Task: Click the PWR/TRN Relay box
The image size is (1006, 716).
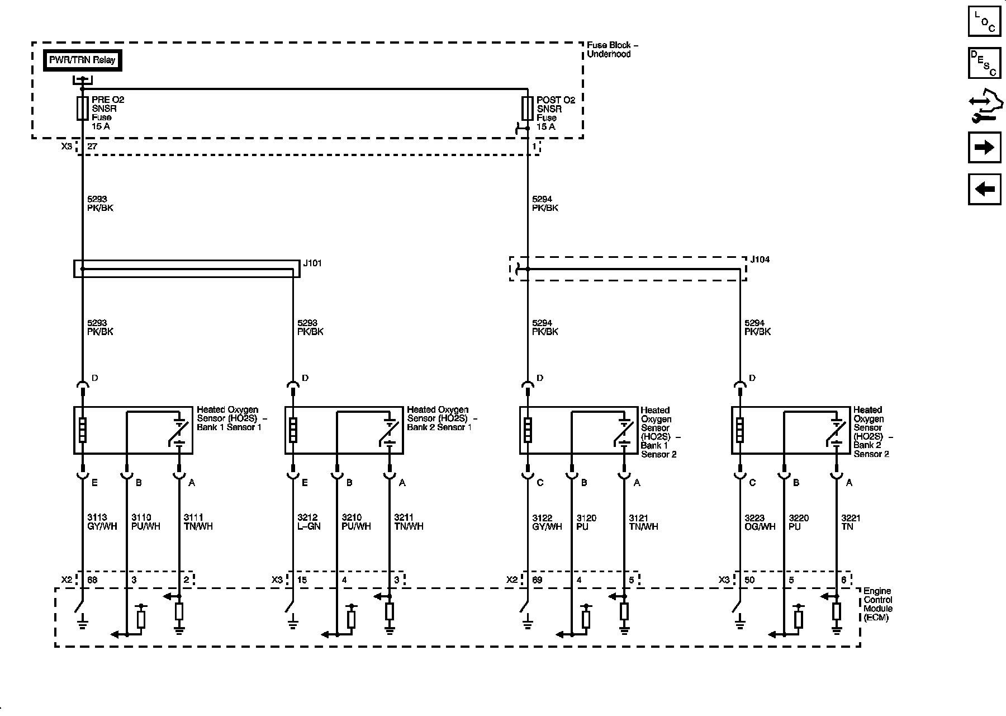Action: click(x=82, y=60)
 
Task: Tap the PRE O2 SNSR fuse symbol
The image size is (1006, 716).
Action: click(x=82, y=108)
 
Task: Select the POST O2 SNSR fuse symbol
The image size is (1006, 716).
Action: click(x=527, y=108)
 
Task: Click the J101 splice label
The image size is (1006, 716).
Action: click(x=312, y=263)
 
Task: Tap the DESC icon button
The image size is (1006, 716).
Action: click(x=984, y=63)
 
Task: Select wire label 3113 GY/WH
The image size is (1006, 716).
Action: click(x=101, y=522)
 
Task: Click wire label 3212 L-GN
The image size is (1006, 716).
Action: click(x=309, y=522)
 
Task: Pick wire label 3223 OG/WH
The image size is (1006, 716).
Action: click(x=760, y=522)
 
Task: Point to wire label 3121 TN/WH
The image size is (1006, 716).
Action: click(x=643, y=522)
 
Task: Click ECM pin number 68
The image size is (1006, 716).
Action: click(x=92, y=580)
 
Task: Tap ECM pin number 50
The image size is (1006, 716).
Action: click(x=749, y=580)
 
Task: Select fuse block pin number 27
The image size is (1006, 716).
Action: click(x=92, y=146)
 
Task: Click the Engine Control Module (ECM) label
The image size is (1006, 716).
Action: click(x=877, y=604)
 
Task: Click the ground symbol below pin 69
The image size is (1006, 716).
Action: click(x=527, y=622)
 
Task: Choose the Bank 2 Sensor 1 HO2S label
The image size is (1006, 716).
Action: click(x=442, y=418)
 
